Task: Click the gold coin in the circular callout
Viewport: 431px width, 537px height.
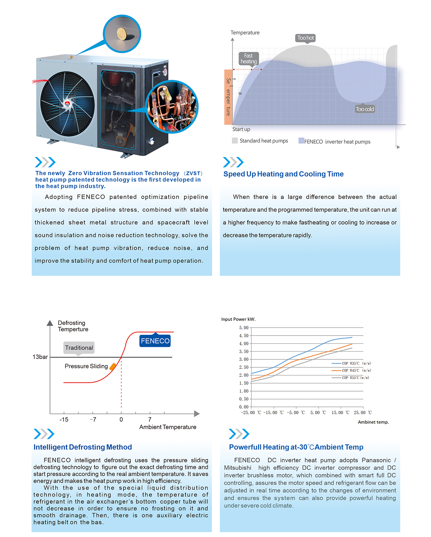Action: click(x=122, y=34)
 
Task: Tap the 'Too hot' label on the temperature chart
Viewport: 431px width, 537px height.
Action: click(x=305, y=38)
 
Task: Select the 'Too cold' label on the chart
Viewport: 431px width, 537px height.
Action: click(x=365, y=109)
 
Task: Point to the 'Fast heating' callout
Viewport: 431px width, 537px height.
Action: click(x=248, y=58)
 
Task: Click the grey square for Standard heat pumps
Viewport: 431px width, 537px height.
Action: click(x=235, y=140)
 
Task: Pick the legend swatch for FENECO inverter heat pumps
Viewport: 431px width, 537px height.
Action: click(x=301, y=141)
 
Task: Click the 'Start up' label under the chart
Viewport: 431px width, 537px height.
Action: click(x=241, y=129)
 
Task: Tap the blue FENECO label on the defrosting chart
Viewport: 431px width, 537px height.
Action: click(x=155, y=341)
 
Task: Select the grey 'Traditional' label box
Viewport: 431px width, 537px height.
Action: click(x=79, y=348)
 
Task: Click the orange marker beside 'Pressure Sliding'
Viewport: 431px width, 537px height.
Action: click(x=113, y=366)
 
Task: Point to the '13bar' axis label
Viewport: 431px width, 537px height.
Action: click(x=40, y=357)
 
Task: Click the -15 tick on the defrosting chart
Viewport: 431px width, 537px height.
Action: click(x=64, y=420)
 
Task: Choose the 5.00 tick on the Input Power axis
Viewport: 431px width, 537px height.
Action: click(x=244, y=328)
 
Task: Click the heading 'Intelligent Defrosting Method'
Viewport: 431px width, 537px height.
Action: click(x=83, y=447)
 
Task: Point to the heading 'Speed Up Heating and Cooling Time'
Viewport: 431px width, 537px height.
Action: click(x=283, y=174)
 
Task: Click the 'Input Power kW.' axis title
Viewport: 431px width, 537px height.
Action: click(x=238, y=319)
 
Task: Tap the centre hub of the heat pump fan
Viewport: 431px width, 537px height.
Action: click(x=67, y=104)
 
